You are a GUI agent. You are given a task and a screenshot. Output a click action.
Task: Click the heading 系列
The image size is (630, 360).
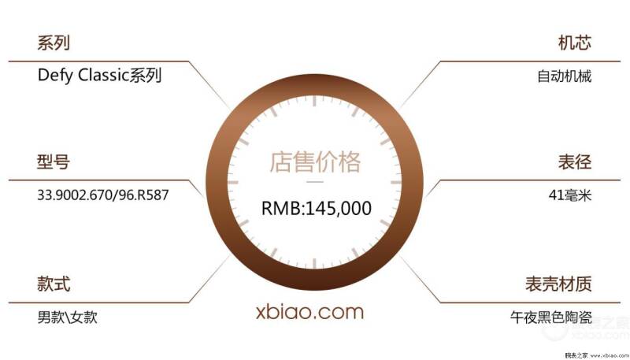pos(54,43)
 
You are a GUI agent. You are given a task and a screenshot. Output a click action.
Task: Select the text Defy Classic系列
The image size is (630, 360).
pos(99,75)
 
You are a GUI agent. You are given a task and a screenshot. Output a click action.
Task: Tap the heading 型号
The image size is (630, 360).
pos(54,161)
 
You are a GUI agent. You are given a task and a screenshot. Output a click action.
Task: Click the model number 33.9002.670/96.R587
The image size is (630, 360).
pos(103,195)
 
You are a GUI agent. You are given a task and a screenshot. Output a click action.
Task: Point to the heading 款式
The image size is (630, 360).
pos(54,284)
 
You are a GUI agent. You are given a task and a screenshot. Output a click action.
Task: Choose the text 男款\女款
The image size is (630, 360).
pos(67,317)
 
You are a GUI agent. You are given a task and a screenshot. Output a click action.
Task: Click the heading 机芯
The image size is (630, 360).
pos(575,43)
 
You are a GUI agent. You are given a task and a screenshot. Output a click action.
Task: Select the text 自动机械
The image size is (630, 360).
pos(565,76)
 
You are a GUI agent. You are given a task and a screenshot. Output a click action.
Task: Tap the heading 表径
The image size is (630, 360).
pos(575,161)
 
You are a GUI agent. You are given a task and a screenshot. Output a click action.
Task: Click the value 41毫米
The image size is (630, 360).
pos(570,195)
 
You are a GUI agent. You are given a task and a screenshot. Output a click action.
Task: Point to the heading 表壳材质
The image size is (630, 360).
pos(558,284)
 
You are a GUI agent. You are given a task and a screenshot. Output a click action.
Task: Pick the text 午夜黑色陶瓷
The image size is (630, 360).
pos(551,317)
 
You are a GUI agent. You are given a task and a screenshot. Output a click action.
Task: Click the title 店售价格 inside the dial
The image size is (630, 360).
pos(315,162)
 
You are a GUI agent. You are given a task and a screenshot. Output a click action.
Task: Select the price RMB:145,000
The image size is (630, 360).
pos(317,208)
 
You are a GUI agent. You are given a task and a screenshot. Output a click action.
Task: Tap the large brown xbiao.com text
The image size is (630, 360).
pos(309,312)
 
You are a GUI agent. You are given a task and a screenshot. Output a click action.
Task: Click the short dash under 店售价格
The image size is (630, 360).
pos(315,182)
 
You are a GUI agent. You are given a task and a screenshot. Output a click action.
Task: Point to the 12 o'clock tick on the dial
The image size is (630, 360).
pos(314,102)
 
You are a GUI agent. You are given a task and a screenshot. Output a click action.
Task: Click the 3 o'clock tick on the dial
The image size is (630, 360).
pos(396,183)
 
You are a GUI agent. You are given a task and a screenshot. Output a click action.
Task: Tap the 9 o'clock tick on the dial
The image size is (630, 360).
pos(233,183)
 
